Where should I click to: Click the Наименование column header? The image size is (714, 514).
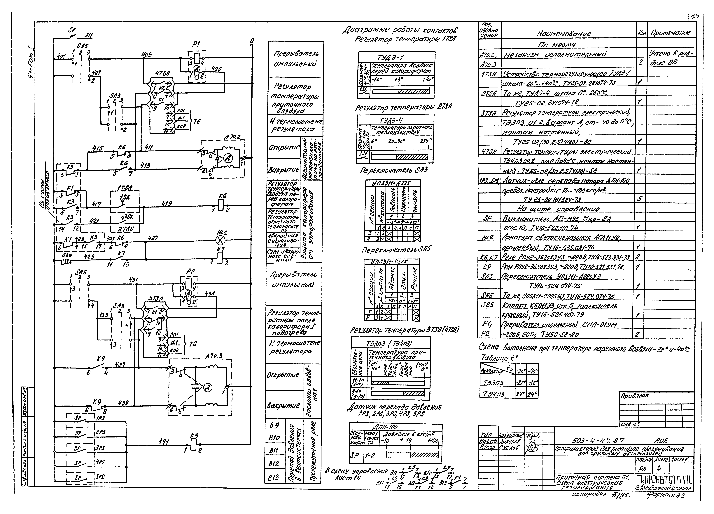pos(563,33)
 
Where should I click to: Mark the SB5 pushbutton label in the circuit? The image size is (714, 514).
pos(67,255)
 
